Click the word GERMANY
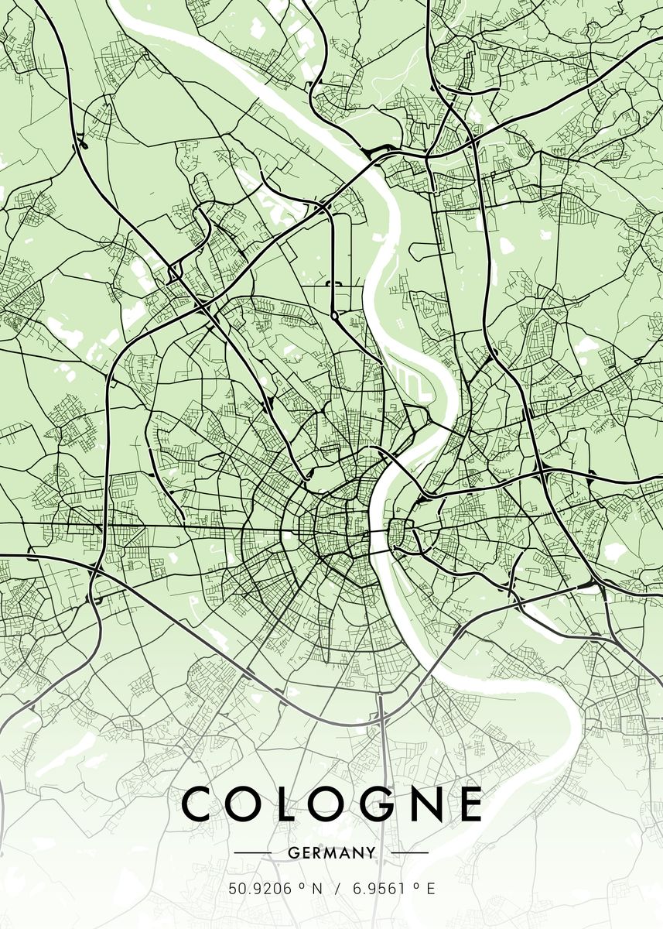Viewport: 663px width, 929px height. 331,853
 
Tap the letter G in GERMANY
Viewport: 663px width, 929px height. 292,853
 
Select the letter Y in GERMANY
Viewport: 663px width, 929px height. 371,853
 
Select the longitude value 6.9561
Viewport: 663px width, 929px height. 379,890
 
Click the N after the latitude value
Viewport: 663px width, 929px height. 316,890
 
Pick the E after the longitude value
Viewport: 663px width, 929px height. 431,890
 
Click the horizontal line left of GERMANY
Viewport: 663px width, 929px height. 252,853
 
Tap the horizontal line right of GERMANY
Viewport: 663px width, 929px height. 409,853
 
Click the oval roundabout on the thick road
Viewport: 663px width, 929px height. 334,316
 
